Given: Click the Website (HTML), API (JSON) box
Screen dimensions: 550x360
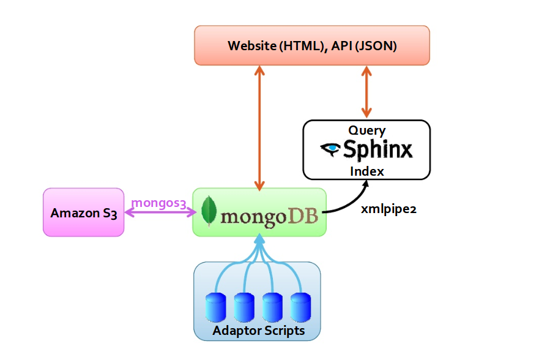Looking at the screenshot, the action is pyautogui.click(x=312, y=45).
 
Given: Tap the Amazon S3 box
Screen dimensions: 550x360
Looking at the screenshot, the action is pyautogui.click(x=83, y=212).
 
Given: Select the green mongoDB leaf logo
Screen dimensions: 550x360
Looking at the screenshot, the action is pyautogui.click(x=209, y=211).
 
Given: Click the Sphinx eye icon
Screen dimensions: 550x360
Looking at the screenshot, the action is pyautogui.click(x=330, y=149).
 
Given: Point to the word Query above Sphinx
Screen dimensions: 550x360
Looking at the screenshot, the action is pyautogui.click(x=367, y=130).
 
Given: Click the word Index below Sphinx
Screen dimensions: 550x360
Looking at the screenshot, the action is pyautogui.click(x=367, y=171).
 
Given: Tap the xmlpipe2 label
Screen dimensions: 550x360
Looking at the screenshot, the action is pyautogui.click(x=388, y=209).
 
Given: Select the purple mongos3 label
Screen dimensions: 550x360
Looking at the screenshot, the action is pyautogui.click(x=158, y=203).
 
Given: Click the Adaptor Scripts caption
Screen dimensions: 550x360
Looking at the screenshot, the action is pyautogui.click(x=259, y=331).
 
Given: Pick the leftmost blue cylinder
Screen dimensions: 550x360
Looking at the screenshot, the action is pyautogui.click(x=215, y=307).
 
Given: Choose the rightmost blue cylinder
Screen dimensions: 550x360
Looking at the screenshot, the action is pyautogui.click(x=300, y=307).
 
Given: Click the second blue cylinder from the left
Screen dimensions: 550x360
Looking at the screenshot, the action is pyautogui.click(x=244, y=307).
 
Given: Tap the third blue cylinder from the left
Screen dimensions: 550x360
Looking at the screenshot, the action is pyautogui.click(x=272, y=307).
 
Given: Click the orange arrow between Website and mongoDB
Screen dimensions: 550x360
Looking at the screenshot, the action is pyautogui.click(x=259, y=128).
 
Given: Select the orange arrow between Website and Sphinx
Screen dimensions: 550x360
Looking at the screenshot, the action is pyautogui.click(x=366, y=92).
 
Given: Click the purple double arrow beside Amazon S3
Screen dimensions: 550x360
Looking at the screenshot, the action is pyautogui.click(x=160, y=212).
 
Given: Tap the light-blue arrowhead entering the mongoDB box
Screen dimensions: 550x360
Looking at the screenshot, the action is pyautogui.click(x=259, y=241).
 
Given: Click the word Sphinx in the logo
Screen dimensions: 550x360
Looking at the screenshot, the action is pyautogui.click(x=377, y=150).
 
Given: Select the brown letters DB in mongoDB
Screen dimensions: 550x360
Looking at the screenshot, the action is pyautogui.click(x=303, y=216).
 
